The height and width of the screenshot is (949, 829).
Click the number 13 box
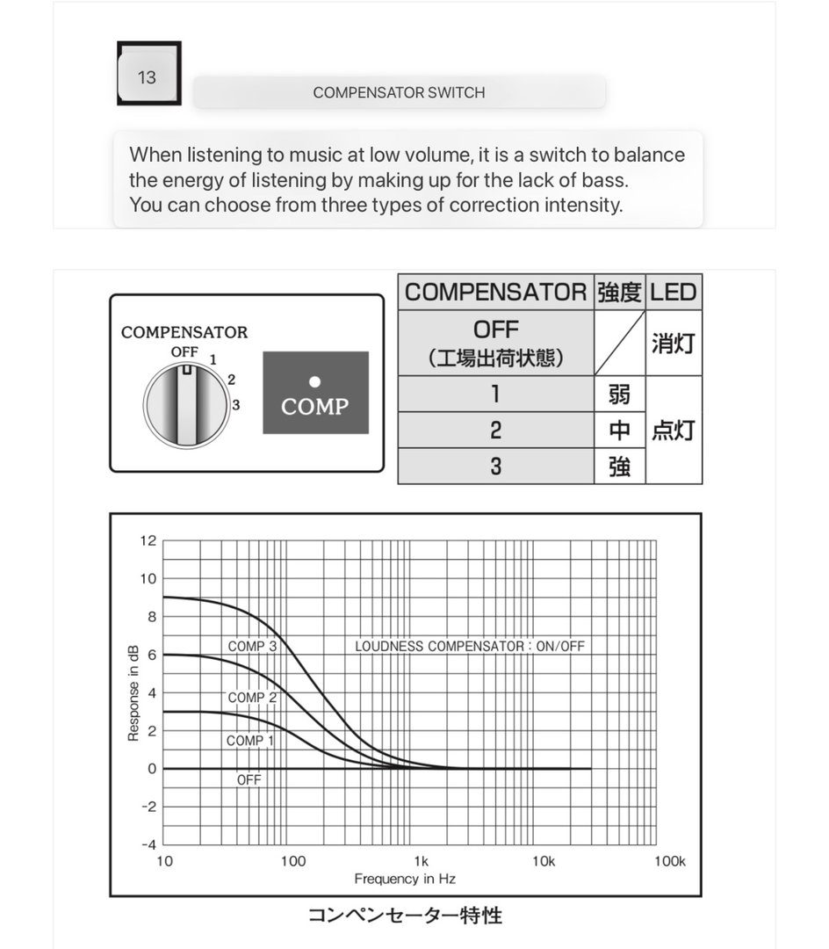pyautogui.click(x=148, y=76)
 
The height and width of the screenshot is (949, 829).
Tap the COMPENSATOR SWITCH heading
pyautogui.click(x=399, y=92)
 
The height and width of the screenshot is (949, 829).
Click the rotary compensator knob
pyautogui.click(x=186, y=406)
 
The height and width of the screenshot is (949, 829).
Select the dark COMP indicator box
pyautogui.click(x=315, y=393)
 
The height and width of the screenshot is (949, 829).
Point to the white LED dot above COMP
pyautogui.click(x=315, y=381)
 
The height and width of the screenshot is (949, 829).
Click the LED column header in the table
pyautogui.click(x=674, y=293)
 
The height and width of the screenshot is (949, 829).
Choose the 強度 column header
pyautogui.click(x=619, y=293)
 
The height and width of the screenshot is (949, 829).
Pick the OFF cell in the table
pyautogui.click(x=495, y=342)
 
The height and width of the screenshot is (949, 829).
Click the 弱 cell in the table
pyautogui.click(x=619, y=394)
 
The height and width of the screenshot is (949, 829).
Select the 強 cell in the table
pyautogui.click(x=619, y=466)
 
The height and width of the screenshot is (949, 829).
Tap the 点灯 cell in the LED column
pyautogui.click(x=674, y=430)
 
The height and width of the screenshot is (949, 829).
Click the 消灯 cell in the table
pyautogui.click(x=674, y=342)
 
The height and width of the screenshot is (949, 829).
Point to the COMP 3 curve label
pyautogui.click(x=252, y=646)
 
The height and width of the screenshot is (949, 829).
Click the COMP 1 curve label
pyautogui.click(x=250, y=741)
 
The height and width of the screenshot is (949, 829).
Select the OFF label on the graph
pyautogui.click(x=249, y=779)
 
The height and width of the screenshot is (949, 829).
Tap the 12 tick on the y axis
pyautogui.click(x=148, y=540)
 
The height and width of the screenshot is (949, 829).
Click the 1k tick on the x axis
pyautogui.click(x=421, y=861)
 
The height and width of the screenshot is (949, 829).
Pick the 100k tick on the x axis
pyautogui.click(x=669, y=861)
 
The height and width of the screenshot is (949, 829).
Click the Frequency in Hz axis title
pyautogui.click(x=405, y=879)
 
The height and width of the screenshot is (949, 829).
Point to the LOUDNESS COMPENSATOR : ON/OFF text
pyautogui.click(x=469, y=646)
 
